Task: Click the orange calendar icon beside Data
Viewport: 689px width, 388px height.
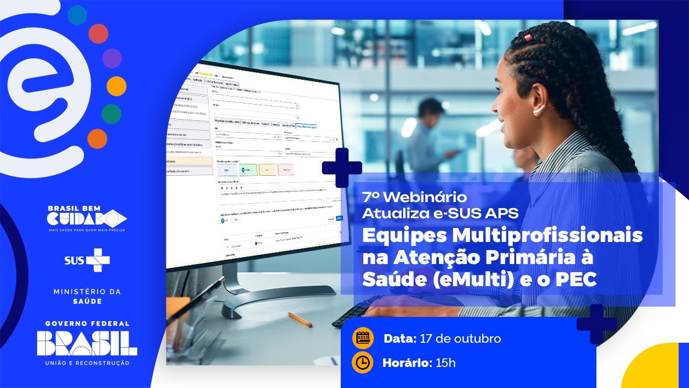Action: (x=363, y=338)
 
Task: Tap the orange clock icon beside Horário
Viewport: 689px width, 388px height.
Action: (x=363, y=363)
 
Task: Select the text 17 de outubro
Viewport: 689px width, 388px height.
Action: (x=460, y=338)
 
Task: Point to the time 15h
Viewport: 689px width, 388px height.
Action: (x=445, y=363)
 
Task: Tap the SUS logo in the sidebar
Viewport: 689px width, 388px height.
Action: (x=87, y=260)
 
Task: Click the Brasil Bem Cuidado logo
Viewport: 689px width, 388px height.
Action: (x=87, y=218)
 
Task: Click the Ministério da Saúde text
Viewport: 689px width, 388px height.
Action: (x=87, y=296)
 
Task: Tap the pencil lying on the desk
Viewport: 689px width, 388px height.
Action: (x=300, y=320)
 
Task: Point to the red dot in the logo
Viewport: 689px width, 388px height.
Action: (x=99, y=33)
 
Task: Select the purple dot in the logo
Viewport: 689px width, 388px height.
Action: (x=112, y=58)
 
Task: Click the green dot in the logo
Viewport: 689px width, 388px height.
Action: (x=111, y=113)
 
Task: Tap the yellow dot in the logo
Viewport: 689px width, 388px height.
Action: (x=116, y=86)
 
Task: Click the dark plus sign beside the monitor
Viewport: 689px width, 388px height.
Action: (x=342, y=168)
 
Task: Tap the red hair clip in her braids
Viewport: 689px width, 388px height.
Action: (x=528, y=38)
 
